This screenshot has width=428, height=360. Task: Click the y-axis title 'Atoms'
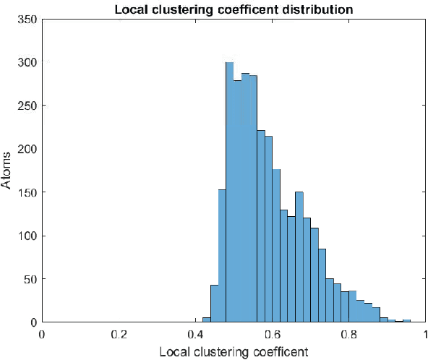pyautogui.click(x=7, y=170)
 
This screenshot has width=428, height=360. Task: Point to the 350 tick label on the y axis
pyautogui.click(x=27, y=19)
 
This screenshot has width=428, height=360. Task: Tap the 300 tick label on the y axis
pyautogui.click(x=27, y=62)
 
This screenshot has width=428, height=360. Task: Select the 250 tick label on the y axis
pyautogui.click(x=27, y=106)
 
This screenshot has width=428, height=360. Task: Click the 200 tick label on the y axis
pyautogui.click(x=27, y=149)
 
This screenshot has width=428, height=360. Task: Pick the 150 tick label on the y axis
pyautogui.click(x=27, y=192)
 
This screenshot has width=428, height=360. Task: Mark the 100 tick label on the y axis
pyautogui.click(x=27, y=236)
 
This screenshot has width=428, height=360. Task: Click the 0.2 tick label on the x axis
pyautogui.click(x=119, y=335)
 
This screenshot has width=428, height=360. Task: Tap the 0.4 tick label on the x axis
pyautogui.click(x=195, y=335)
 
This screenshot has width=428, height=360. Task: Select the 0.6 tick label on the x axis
pyautogui.click(x=272, y=335)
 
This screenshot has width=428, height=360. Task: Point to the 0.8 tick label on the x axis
pyautogui.click(x=348, y=335)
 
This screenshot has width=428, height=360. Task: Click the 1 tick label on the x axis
pyautogui.click(x=424, y=335)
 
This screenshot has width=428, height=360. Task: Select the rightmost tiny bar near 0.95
pyautogui.click(x=406, y=321)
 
